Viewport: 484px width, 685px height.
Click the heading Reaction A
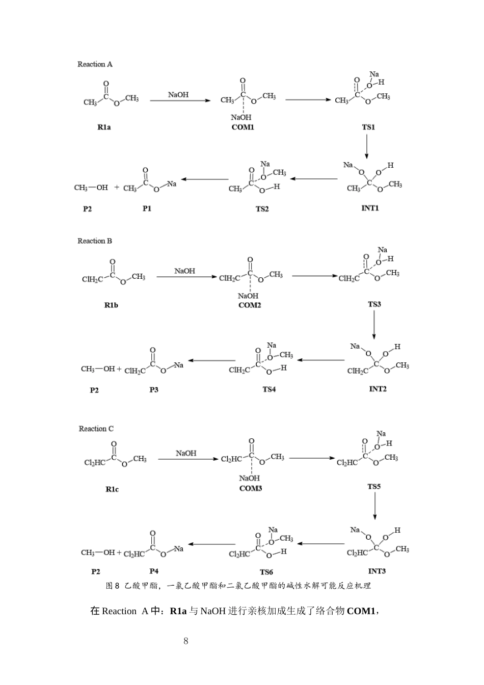coord(95,64)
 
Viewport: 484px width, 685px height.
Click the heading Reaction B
coord(95,241)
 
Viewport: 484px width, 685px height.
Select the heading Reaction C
coord(96,429)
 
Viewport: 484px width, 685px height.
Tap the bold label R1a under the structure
coord(104,127)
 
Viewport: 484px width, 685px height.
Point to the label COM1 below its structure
coord(243,127)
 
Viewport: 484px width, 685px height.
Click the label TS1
coord(368,127)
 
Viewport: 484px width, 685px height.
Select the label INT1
coord(370,208)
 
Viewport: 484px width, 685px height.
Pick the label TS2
coord(262,209)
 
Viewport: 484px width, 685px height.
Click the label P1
coord(147,208)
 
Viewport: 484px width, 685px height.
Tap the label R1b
coord(111,305)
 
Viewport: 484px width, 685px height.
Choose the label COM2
coord(250,305)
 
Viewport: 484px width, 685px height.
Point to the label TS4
coord(269,389)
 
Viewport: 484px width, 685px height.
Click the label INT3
coord(377,571)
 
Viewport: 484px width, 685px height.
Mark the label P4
coord(154,571)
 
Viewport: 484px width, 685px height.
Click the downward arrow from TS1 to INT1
coord(367,146)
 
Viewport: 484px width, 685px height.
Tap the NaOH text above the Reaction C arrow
coord(186,453)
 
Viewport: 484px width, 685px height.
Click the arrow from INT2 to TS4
coord(321,360)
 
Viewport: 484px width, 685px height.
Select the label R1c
coord(112,489)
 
